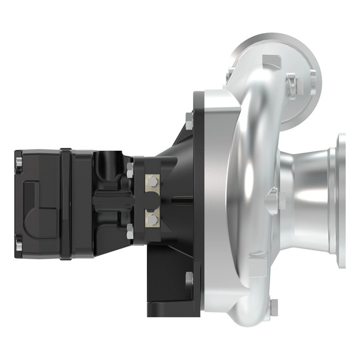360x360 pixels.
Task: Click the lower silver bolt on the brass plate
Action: [152, 220]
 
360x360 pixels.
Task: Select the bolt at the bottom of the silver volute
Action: [273, 304]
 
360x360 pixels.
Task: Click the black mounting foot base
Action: [166, 307]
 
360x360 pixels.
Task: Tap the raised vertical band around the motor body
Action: [66, 202]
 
